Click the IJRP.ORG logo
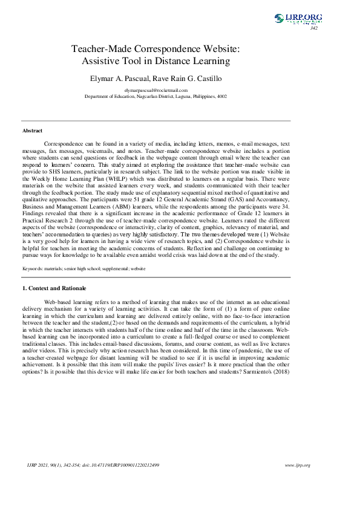pos(298,19)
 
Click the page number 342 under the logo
pos(313,28)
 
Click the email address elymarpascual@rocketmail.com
pos(156,90)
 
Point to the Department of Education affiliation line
pos(155,96)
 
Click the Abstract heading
pos(33,131)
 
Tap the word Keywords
pos(33,268)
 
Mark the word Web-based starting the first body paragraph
pos(57,301)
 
